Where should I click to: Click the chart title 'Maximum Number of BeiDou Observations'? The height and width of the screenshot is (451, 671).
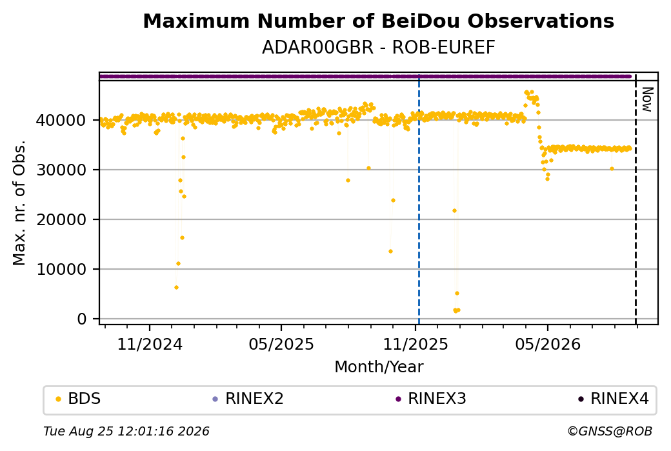coord(378,21)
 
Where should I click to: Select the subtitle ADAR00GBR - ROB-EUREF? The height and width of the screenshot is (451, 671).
coord(378,48)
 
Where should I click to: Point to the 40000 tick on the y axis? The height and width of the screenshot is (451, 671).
coord(61,120)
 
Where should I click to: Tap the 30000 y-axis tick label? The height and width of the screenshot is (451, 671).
coord(61,170)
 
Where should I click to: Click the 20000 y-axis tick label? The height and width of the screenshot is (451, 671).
coord(61,219)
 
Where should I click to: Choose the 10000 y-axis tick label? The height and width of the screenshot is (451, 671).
coord(61,269)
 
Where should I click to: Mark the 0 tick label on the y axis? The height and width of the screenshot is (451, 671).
coord(82,319)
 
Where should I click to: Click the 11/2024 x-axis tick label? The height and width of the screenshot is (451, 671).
coord(150,344)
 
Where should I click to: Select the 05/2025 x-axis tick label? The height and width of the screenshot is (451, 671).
coord(281,344)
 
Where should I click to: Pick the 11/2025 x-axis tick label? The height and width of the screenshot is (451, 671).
coord(415,344)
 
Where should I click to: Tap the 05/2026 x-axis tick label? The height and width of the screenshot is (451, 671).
coord(548,344)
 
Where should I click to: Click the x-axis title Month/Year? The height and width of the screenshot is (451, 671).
coord(379,366)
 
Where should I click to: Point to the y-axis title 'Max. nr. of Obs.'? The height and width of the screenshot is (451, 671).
coord(19,203)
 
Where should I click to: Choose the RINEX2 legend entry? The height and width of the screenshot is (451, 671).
coord(248,399)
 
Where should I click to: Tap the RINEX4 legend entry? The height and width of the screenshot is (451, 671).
coord(613,399)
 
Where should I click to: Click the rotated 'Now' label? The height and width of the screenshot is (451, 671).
coord(648,100)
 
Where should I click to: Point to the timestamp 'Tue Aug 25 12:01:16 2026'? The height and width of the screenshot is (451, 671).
coord(126,431)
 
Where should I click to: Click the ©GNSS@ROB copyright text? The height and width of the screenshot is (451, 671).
coord(610,431)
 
